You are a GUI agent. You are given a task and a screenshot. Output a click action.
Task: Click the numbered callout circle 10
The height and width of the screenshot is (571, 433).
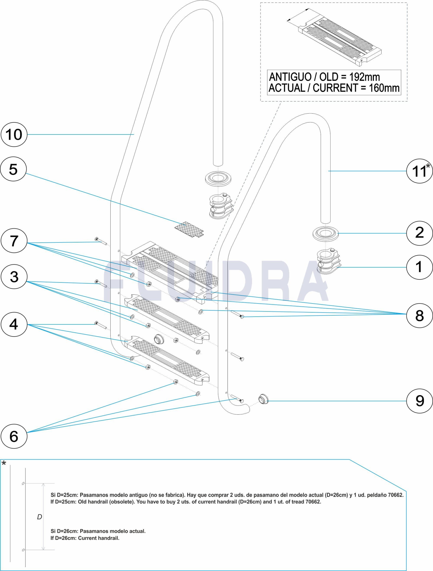[x=14, y=135]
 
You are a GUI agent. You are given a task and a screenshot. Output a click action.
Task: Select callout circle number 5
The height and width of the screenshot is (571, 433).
[x=13, y=169]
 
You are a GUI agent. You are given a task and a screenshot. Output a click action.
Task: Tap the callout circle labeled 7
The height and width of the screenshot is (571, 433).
[x=14, y=241]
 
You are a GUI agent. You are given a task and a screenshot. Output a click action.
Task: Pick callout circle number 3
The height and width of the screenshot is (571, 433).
[x=14, y=277]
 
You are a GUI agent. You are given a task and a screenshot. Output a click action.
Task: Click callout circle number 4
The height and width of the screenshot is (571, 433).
[x=14, y=324]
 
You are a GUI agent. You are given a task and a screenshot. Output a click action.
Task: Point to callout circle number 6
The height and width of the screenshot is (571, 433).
[x=14, y=436]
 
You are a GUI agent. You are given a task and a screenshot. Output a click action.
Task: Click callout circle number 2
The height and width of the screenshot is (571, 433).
[x=420, y=233]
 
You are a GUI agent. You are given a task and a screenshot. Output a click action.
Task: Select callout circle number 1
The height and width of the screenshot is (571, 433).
[x=420, y=267]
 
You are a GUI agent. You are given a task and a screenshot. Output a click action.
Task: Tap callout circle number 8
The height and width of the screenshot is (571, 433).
[x=420, y=315]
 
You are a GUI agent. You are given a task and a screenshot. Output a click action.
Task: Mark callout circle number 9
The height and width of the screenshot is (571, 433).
[x=420, y=401]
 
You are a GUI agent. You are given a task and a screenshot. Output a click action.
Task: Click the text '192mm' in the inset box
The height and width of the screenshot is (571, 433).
[x=364, y=77]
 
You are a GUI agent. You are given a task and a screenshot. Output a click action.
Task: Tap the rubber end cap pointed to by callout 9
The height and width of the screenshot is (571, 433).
[x=264, y=399]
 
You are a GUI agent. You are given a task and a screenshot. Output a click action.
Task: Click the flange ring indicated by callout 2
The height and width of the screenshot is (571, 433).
[x=326, y=234]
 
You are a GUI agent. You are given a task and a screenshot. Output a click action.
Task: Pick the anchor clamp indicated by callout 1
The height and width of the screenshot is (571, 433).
[x=328, y=261]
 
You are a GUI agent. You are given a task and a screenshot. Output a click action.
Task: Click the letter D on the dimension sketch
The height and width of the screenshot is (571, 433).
[x=39, y=517]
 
